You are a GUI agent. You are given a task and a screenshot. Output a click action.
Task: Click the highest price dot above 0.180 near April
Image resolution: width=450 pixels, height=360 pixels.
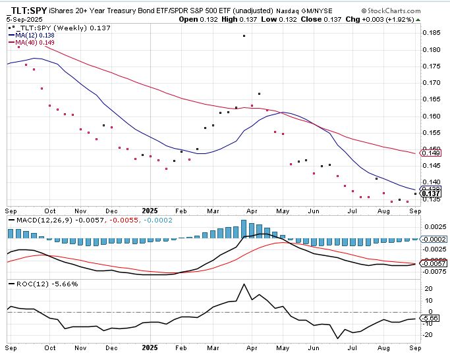pyautogui.click(x=244, y=36)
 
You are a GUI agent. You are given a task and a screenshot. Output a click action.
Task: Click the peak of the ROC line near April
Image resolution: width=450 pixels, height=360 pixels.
pyautogui.click(x=244, y=284)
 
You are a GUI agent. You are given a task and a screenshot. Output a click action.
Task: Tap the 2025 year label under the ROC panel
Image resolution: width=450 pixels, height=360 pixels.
pyautogui.click(x=150, y=347)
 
